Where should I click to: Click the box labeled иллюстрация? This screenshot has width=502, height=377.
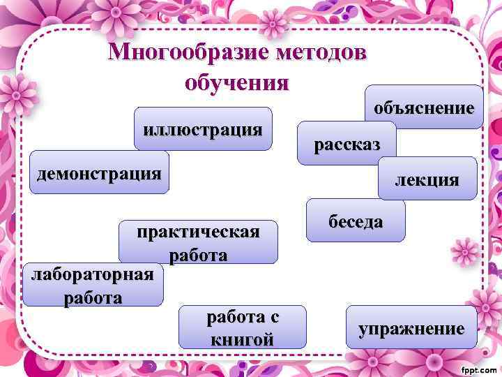(203, 129)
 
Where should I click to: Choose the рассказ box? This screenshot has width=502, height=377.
(347, 145)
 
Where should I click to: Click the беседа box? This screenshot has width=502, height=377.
(356, 221)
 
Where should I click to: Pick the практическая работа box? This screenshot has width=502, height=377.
(198, 242)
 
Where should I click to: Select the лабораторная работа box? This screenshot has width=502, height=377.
(93, 285)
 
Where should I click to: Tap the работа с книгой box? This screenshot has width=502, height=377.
(242, 327)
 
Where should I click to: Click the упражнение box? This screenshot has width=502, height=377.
(411, 328)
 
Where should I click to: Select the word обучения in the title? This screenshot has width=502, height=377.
(236, 82)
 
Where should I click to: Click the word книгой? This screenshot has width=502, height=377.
(242, 339)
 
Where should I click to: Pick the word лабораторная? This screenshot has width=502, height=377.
(93, 274)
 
